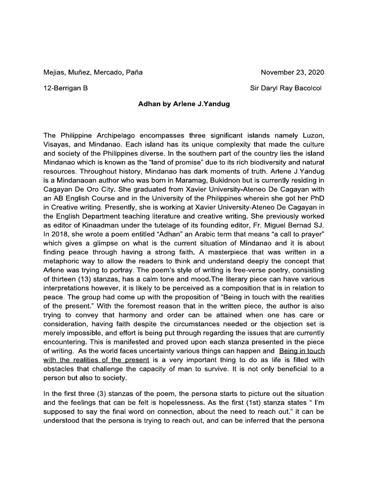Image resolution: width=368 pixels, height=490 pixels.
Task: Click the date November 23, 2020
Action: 292,73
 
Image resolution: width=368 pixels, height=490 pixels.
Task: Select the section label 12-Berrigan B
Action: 65,88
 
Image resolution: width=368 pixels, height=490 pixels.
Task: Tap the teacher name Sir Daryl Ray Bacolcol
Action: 287,88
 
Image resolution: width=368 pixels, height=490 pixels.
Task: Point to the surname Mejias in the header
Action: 54,73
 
